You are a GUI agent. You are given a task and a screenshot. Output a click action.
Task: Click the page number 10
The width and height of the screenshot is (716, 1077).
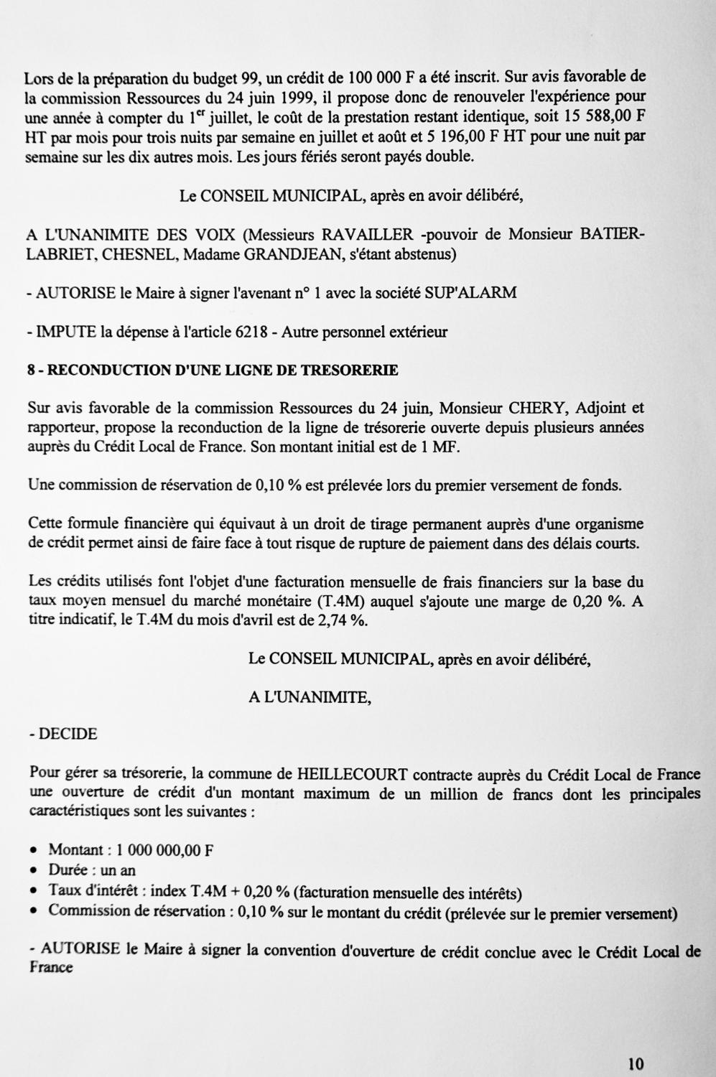coord(636,1063)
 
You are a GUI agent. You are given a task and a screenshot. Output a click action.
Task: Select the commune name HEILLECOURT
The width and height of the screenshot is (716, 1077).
coord(352,775)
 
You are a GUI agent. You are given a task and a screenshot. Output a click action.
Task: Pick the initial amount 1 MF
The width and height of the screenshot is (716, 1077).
coord(442,447)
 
